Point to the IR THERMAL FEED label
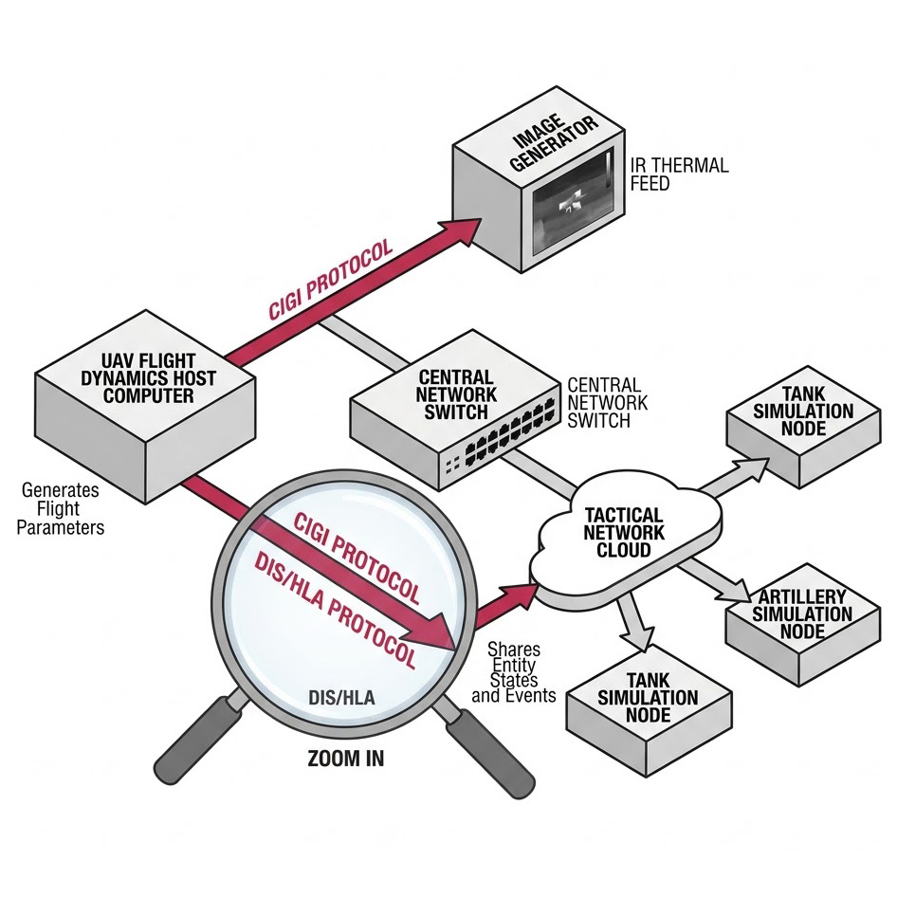679,174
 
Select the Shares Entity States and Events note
514,672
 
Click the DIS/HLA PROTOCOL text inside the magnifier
336,607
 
